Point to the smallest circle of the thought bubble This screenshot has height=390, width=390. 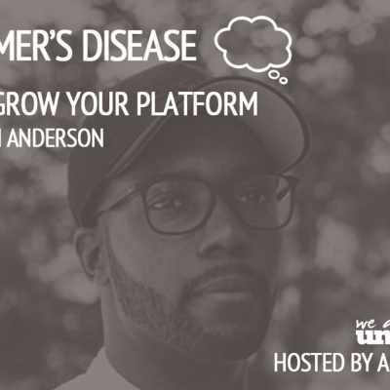pyautogui.click(x=283, y=78)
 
